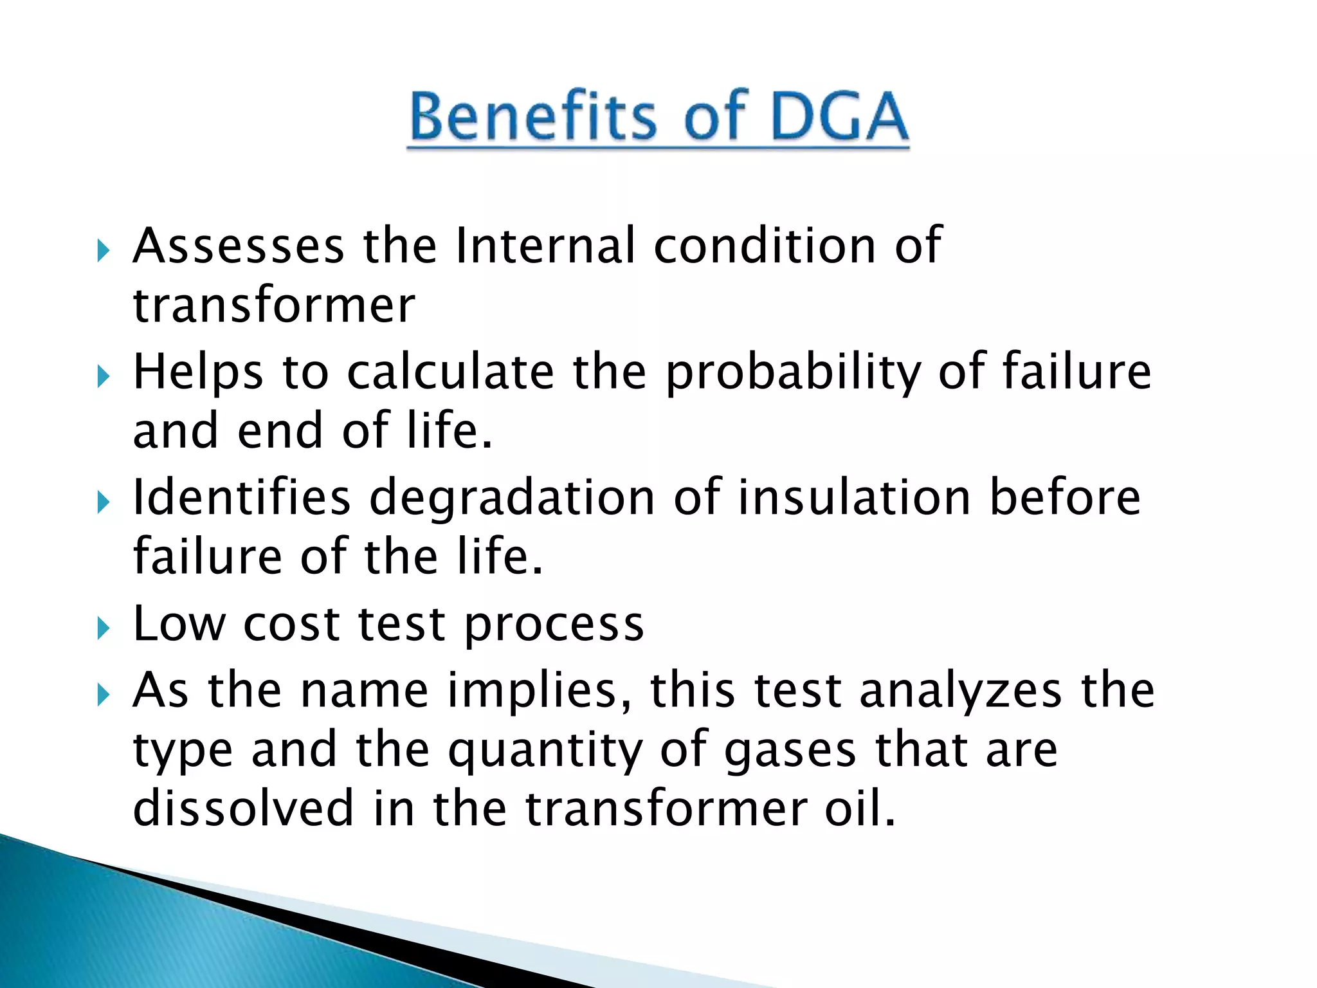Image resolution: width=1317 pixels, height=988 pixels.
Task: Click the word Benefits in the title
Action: [x=533, y=116]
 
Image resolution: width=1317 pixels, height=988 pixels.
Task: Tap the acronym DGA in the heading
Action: [x=839, y=116]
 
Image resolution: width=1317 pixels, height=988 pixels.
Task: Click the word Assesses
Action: [x=239, y=246]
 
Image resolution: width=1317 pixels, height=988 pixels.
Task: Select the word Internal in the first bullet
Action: [x=545, y=246]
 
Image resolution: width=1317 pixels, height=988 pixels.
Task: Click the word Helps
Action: [x=198, y=372]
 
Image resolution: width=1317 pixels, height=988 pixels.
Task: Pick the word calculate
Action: [x=451, y=372]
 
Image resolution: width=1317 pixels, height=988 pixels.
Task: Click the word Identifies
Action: [x=242, y=499]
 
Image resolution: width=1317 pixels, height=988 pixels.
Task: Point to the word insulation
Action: [x=854, y=499]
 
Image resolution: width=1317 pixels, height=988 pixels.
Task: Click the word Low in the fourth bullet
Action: [x=179, y=624]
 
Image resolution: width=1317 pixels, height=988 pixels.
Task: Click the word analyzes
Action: [x=960, y=692]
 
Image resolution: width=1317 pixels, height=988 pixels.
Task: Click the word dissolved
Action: [x=243, y=809]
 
